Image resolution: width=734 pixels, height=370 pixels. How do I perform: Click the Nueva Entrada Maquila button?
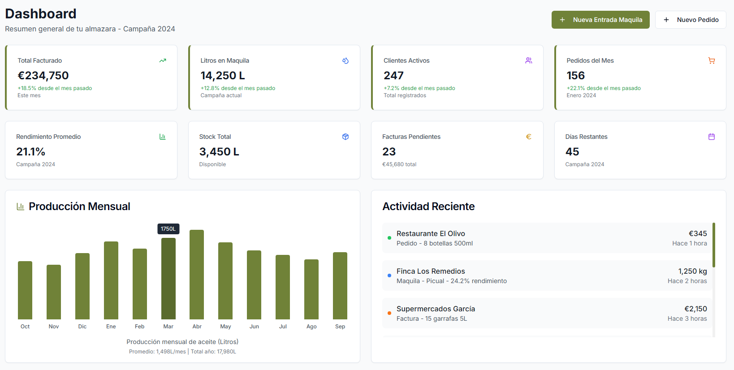(600, 20)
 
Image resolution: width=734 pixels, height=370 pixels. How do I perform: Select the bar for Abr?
(197, 274)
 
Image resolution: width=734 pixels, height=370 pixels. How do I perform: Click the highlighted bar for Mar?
(168, 278)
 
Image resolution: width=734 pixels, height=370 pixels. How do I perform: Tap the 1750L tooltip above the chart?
(168, 229)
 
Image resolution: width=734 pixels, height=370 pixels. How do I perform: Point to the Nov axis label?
(54, 327)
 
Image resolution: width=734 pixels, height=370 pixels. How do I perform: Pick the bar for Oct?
(25, 290)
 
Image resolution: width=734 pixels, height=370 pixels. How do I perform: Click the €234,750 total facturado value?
(43, 76)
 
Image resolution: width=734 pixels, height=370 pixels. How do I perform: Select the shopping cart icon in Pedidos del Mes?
(711, 60)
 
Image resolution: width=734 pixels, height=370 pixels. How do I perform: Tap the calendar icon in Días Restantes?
(711, 137)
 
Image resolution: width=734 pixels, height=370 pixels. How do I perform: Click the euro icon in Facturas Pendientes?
(528, 137)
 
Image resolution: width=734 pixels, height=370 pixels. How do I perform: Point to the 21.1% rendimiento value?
(30, 152)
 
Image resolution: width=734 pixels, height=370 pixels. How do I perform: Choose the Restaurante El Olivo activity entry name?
(430, 233)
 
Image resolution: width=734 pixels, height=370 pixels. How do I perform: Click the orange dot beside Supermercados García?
(389, 313)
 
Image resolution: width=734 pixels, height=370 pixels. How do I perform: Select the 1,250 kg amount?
(692, 271)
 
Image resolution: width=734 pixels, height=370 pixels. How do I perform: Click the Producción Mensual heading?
(79, 207)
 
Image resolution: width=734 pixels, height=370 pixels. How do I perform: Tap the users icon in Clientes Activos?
(528, 60)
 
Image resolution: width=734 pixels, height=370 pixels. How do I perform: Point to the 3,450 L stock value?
(219, 152)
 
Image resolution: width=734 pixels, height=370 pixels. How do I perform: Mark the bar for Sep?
(340, 285)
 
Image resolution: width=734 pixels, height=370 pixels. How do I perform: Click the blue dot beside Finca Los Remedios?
(389, 275)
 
